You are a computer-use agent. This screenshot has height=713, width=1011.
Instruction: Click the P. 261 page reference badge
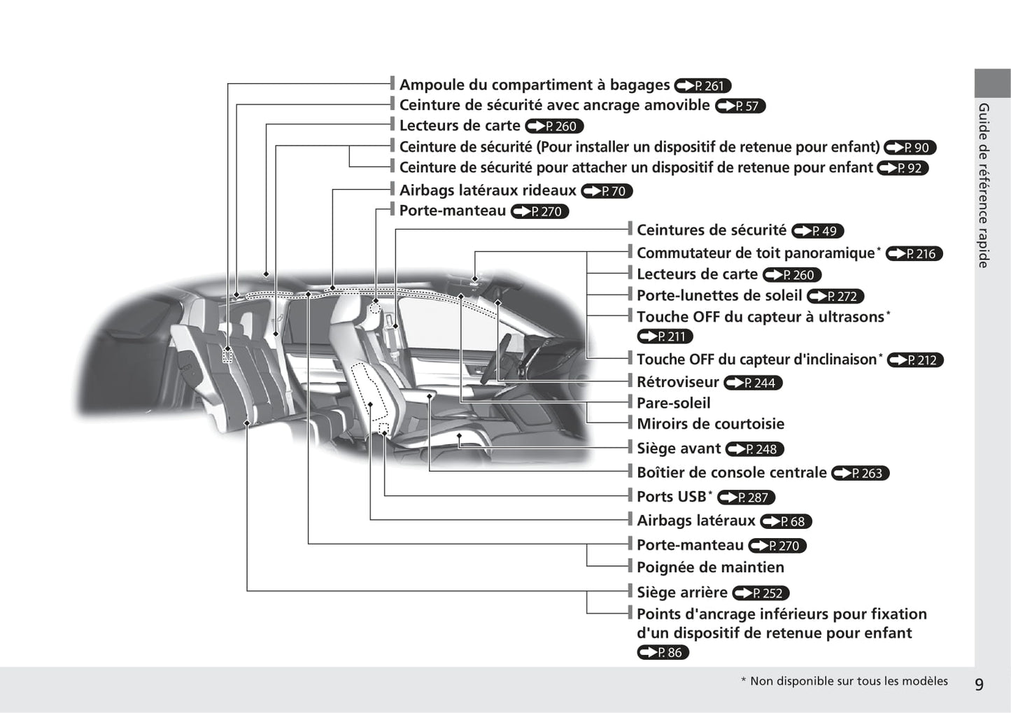click(702, 86)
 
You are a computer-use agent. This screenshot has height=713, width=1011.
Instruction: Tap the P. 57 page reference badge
click(740, 106)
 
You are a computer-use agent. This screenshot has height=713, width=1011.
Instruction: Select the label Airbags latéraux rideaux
click(488, 190)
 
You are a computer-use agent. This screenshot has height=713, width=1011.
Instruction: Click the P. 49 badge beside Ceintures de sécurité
click(818, 231)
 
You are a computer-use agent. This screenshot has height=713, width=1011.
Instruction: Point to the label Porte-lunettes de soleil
click(719, 295)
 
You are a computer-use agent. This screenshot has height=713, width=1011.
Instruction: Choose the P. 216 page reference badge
click(914, 254)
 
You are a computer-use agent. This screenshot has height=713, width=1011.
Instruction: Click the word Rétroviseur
click(677, 382)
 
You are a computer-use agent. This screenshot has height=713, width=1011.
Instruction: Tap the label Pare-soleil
click(673, 403)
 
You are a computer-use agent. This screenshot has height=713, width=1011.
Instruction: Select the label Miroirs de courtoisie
click(710, 424)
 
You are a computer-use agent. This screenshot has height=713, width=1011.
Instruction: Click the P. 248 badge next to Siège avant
click(755, 449)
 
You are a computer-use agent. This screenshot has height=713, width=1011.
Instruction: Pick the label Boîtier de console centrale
click(731, 473)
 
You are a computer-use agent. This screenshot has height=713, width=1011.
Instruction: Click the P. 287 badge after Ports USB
click(746, 497)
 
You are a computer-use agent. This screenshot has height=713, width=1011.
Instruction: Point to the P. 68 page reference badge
click(786, 521)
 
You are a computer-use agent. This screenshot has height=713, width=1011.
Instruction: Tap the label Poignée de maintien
click(710, 567)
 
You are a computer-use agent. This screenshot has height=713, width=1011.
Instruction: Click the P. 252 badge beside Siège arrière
click(761, 593)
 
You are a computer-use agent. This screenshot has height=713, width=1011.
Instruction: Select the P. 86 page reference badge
click(663, 653)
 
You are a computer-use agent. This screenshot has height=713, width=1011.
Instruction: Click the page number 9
click(979, 684)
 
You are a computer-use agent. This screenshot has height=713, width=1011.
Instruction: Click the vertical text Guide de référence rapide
click(984, 185)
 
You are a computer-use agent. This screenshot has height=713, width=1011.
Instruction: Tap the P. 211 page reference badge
click(665, 337)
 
